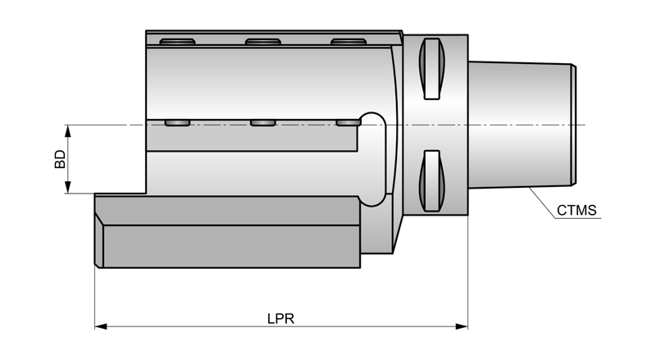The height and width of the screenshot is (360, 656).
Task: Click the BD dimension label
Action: point(60,159)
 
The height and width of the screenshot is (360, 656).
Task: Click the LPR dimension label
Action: point(280,319)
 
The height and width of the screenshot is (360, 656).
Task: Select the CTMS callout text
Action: point(576,210)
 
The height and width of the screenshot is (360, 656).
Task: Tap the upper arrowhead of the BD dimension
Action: point(69,130)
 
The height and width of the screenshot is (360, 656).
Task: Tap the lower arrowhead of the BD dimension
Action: point(69,187)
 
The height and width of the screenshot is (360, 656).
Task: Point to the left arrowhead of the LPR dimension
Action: point(101,326)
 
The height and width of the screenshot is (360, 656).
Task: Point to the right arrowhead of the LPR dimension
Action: point(462,326)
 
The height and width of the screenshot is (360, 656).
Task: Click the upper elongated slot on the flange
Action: point(432,69)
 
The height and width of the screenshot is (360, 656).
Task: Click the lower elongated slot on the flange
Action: point(432,181)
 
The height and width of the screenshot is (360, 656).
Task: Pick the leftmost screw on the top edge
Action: point(177,42)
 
